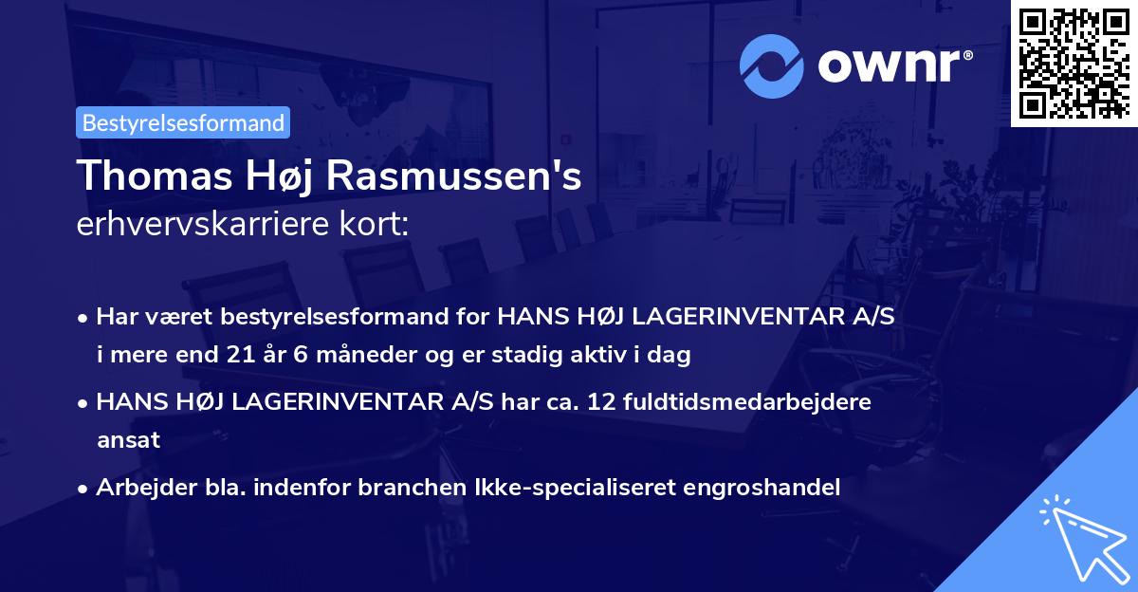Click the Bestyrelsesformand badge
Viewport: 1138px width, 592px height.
click(183, 122)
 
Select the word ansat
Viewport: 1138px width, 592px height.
click(128, 440)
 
